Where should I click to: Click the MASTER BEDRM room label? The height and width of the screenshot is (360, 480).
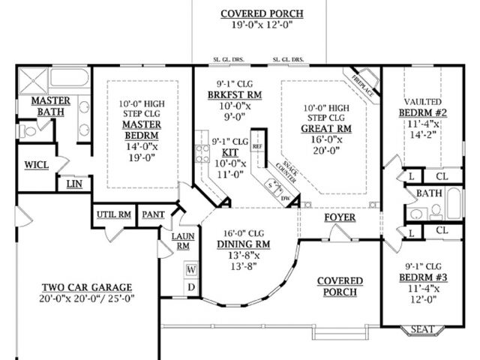pyautogui.click(x=142, y=130)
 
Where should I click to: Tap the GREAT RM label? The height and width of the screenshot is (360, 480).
pyautogui.click(x=326, y=128)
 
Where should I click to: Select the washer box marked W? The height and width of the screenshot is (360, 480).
pyautogui.click(x=191, y=270)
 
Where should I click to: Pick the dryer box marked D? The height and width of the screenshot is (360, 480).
pyautogui.click(x=191, y=287)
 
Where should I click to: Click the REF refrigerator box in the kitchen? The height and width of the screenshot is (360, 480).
pyautogui.click(x=257, y=147)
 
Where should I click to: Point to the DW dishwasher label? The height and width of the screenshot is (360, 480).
pyautogui.click(x=285, y=198)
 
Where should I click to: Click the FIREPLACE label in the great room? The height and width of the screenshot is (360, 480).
pyautogui.click(x=363, y=85)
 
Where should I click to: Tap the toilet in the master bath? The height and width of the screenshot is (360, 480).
pyautogui.click(x=28, y=131)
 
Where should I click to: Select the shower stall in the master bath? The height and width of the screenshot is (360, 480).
pyautogui.click(x=33, y=81)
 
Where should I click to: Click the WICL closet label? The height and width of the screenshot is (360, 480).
pyautogui.click(x=37, y=165)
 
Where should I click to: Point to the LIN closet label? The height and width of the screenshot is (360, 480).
pyautogui.click(x=74, y=184)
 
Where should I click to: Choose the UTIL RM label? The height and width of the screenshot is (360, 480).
pyautogui.click(x=114, y=215)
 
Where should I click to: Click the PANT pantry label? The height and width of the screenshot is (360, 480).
pyautogui.click(x=153, y=215)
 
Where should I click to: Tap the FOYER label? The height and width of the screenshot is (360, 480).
pyautogui.click(x=340, y=217)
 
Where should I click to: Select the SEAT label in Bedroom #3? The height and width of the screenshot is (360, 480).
pyautogui.click(x=422, y=329)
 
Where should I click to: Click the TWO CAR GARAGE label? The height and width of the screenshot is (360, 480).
pyautogui.click(x=87, y=287)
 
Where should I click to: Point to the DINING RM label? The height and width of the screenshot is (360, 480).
pyautogui.click(x=244, y=244)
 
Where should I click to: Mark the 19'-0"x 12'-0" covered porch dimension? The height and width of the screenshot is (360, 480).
pyautogui.click(x=262, y=25)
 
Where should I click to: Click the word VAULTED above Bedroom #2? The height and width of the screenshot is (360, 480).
pyautogui.click(x=423, y=102)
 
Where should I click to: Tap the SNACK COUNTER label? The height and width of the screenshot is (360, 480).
pyautogui.click(x=286, y=172)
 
